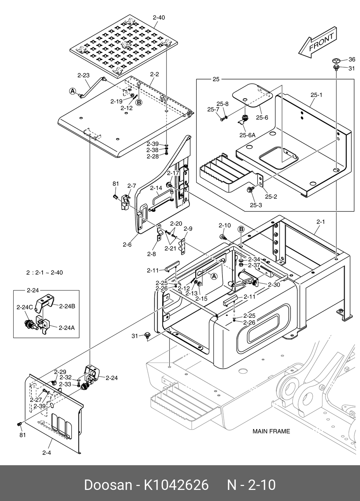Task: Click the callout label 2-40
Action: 159,18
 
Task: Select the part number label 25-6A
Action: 248,135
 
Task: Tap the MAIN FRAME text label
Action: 271,431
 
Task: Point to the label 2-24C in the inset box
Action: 25,307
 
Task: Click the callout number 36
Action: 352,59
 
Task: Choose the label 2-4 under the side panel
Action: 47,453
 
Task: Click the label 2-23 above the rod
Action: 83,76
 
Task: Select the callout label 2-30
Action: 274,284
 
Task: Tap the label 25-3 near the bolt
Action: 256,205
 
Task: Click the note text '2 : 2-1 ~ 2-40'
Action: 45,273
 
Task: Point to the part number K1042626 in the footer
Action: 176,485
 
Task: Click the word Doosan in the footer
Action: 108,485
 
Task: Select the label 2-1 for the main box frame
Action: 321,222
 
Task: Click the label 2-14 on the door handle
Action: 156,188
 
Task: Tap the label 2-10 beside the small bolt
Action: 225,225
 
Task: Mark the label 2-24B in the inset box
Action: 67,306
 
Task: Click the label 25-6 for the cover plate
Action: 262,117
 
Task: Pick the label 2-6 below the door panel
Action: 127,245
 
